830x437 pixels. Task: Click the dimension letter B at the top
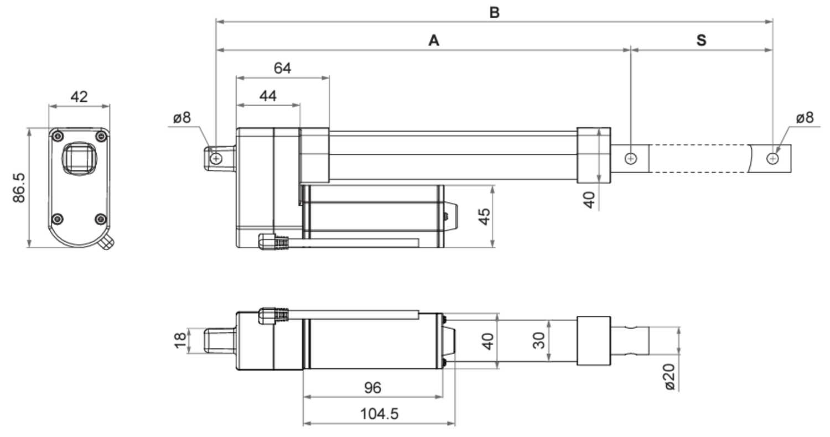[x=494, y=12]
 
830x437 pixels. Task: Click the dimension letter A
[x=434, y=40]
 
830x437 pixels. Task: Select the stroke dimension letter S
[x=701, y=40]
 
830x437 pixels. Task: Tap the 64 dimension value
[x=282, y=68]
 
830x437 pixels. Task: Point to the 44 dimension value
[x=268, y=96]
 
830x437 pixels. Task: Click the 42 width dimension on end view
[x=79, y=97]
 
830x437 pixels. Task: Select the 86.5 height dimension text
[x=19, y=188]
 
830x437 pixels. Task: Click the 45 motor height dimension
[x=484, y=216]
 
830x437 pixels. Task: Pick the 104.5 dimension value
[x=379, y=414]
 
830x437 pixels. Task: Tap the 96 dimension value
[x=373, y=388]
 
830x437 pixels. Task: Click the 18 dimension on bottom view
[x=180, y=340]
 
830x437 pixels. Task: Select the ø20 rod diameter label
[x=670, y=377]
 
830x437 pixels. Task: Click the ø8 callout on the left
[x=181, y=117]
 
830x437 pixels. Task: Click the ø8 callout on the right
[x=805, y=118]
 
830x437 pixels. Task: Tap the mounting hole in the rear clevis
[x=216, y=159]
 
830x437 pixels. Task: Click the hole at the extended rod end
[x=772, y=159]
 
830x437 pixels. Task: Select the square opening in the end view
[x=80, y=158]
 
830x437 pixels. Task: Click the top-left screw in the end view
[x=58, y=136]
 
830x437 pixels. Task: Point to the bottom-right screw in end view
[x=101, y=220]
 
